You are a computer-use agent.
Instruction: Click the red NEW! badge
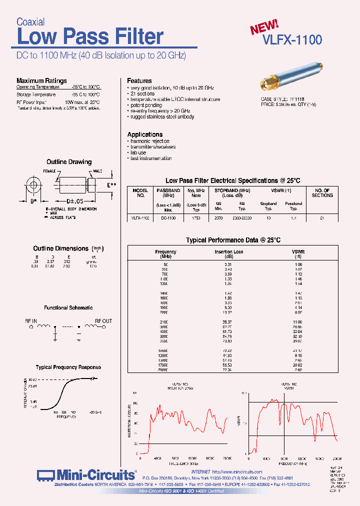pos(264,26)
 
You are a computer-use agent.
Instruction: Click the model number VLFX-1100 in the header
pos(292,40)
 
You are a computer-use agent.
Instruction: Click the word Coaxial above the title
pos(30,22)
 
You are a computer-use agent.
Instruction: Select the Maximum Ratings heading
pos(41,80)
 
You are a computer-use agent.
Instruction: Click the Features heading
pos(139,80)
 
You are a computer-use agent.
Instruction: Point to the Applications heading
pos(144,134)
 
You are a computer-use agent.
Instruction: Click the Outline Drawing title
pos(69,162)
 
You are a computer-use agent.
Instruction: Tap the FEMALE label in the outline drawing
pos(49,171)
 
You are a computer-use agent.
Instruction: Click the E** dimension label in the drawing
pos(111,184)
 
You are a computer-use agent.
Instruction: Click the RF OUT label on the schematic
pos(103,321)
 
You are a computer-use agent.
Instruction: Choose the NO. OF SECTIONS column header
pos(322,193)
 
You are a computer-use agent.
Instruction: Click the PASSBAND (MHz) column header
pos(168,193)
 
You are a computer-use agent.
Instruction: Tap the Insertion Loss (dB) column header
pos(228,254)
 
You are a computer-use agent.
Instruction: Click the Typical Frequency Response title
pos(68,367)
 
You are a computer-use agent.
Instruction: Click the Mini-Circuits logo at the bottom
pos(86,474)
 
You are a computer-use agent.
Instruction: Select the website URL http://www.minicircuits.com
pos(237,471)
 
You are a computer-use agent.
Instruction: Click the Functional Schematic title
pos(68,308)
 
